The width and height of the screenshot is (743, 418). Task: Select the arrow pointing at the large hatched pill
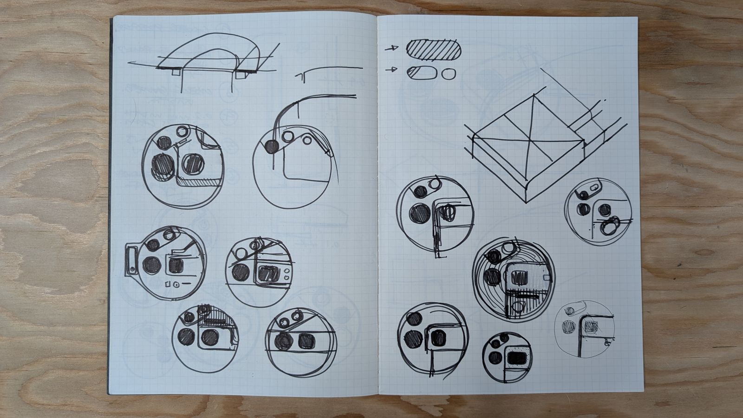(393, 47)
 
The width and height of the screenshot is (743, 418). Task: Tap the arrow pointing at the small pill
(393, 70)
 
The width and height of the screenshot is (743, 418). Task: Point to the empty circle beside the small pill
(449, 74)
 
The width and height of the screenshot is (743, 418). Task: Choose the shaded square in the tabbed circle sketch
(176, 266)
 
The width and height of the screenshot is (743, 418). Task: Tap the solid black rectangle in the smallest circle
(517, 359)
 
